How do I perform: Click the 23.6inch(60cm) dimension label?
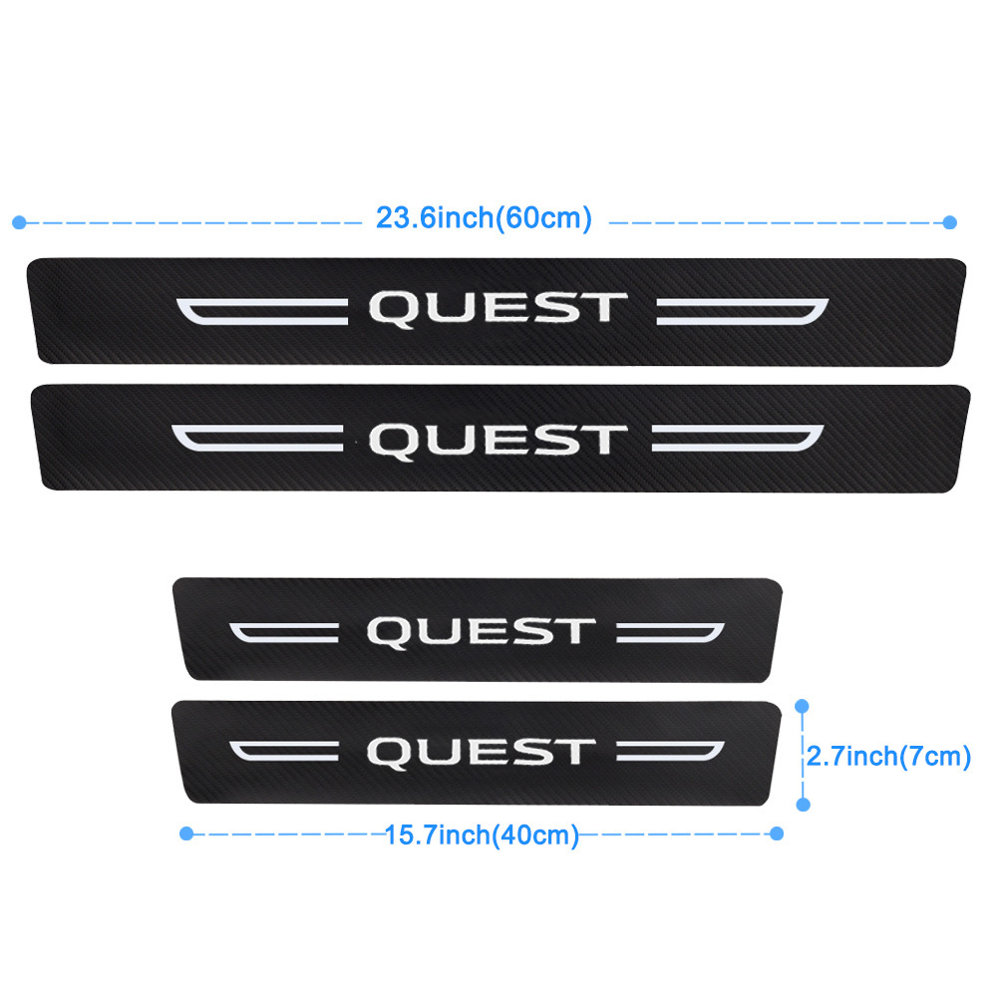pyautogui.click(x=484, y=218)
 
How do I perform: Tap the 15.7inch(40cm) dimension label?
pyautogui.click(x=482, y=834)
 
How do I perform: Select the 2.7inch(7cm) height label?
pyautogui.click(x=888, y=756)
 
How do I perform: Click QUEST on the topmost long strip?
pyautogui.click(x=498, y=309)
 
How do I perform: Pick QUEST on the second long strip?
pyautogui.click(x=498, y=442)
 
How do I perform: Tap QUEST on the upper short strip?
pyautogui.click(x=482, y=633)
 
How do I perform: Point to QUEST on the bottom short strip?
pyautogui.click(x=482, y=753)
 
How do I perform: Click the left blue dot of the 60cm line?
pyautogui.click(x=19, y=222)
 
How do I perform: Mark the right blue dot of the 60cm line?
pyautogui.click(x=950, y=222)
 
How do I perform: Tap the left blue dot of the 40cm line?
pyautogui.click(x=186, y=833)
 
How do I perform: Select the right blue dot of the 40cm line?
pyautogui.click(x=777, y=833)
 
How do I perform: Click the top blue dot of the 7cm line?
pyautogui.click(x=802, y=706)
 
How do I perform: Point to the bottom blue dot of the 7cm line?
pyautogui.click(x=803, y=805)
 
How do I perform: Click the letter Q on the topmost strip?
pyautogui.click(x=392, y=310)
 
